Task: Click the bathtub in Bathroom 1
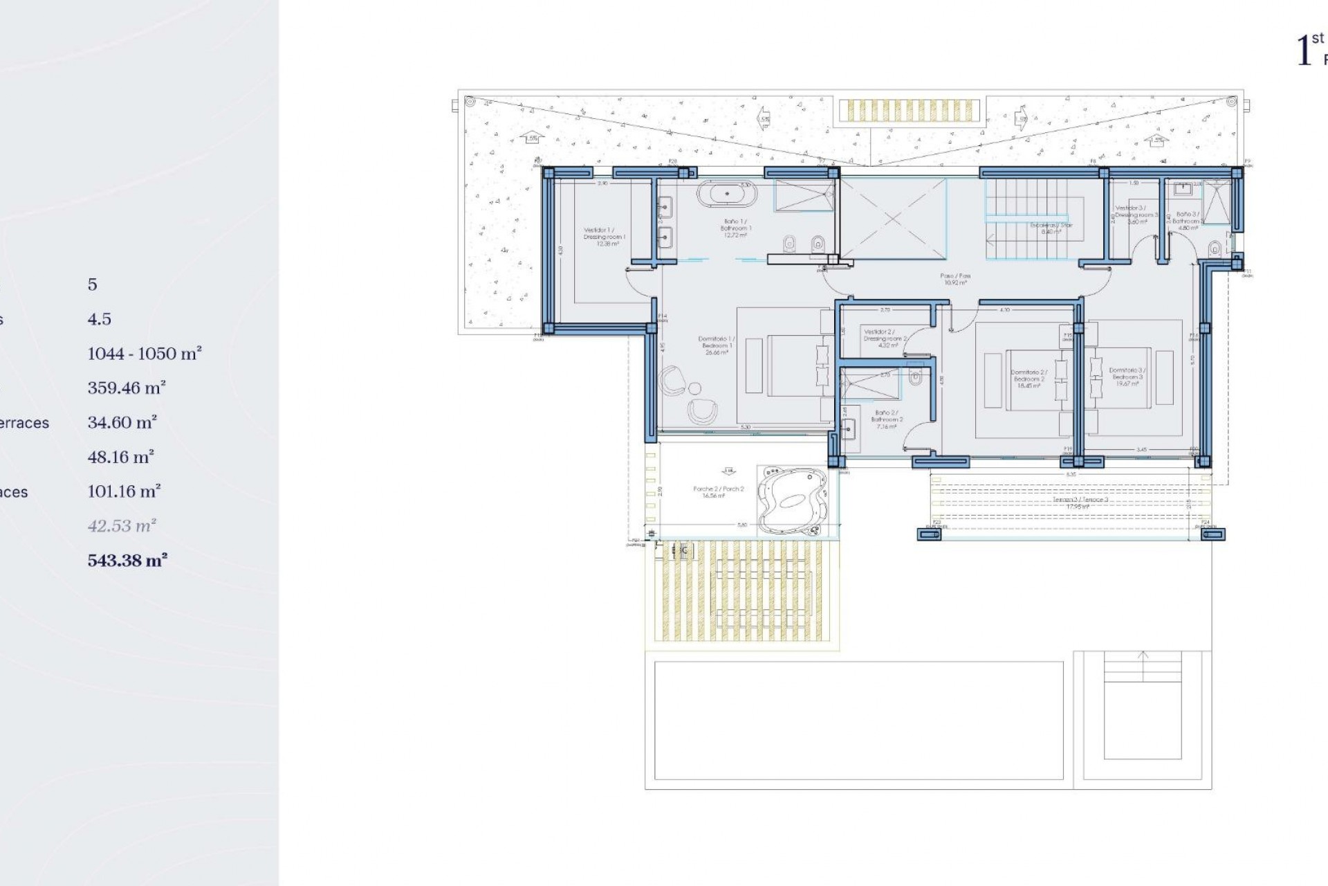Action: tap(726, 195)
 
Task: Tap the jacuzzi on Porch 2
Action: tap(793, 498)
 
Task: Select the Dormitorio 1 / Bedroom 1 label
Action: tap(716, 345)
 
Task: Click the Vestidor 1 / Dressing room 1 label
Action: tap(605, 237)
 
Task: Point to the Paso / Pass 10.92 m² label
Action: tap(954, 279)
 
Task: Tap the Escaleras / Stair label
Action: tap(1051, 228)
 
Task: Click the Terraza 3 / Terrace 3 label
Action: tap(1070, 503)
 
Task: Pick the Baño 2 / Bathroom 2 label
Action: tap(887, 419)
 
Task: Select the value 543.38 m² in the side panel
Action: tap(127, 560)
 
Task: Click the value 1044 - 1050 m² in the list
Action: tap(144, 354)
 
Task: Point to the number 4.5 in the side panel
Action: tap(99, 319)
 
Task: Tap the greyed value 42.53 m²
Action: tap(122, 525)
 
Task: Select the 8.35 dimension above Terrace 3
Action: tap(1071, 475)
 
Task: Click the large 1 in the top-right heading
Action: tap(1303, 52)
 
